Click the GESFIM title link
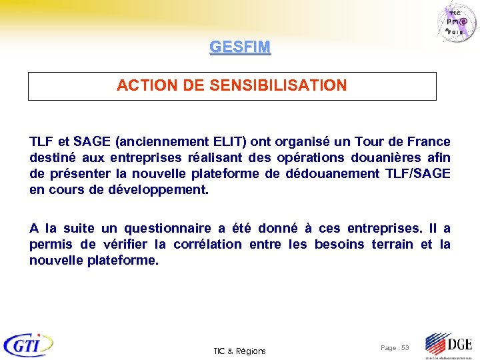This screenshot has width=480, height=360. [240, 47]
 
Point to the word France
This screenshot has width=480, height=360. [429, 142]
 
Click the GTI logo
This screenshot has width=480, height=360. [28, 345]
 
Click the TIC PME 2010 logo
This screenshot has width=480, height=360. [459, 23]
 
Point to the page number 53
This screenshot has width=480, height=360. [405, 349]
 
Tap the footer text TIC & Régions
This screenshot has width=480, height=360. [239, 351]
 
